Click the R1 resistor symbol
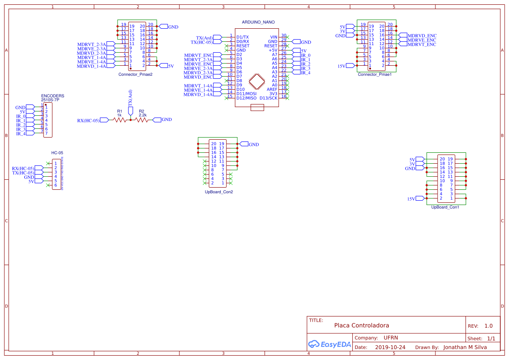coord(119,120)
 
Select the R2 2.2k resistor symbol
coord(142,120)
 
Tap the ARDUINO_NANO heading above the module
coord(258,22)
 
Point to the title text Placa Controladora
coord(361,325)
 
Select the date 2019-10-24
coord(390,347)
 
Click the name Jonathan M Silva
coord(465,347)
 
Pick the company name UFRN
coord(391,338)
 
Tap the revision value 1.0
coord(488,326)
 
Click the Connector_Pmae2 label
coord(135,74)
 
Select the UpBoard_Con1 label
coord(445,207)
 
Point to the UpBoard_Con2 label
coord(219,192)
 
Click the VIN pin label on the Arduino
coord(273,37)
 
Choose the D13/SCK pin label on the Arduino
coord(268,98)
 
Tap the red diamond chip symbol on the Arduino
coord(257,81)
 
